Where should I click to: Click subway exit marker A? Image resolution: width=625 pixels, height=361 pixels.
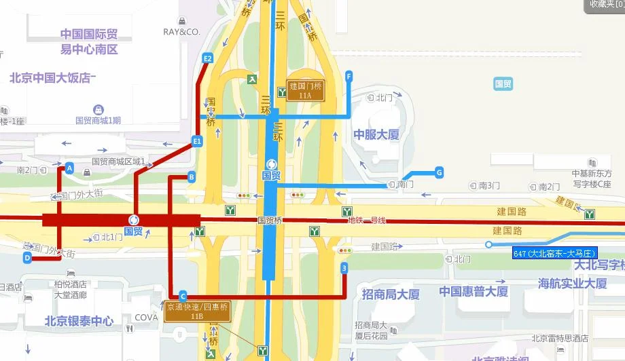point(69,168)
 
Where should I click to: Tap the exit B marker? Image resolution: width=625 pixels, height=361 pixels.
point(192,177)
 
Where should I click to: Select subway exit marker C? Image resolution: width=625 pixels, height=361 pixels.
point(182,295)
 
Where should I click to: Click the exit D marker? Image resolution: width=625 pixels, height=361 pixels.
point(27,257)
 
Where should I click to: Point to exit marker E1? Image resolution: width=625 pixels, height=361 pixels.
point(197,141)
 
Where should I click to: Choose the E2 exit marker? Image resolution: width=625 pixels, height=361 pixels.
point(208,58)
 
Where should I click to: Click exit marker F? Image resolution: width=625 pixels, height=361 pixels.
point(349,76)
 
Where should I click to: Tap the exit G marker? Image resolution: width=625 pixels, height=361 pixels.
point(439,172)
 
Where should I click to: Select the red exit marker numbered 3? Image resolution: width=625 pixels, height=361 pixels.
point(344,269)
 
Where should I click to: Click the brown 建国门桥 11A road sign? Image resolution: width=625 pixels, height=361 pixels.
point(304,90)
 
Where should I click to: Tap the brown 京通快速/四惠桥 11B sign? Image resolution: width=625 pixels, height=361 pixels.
point(197,311)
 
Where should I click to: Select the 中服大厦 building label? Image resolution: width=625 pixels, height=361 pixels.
point(376,134)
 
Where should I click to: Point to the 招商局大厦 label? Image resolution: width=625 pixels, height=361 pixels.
point(391,294)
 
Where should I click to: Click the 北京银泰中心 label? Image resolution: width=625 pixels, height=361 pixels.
point(79,320)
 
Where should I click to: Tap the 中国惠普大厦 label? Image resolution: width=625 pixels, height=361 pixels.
point(474,292)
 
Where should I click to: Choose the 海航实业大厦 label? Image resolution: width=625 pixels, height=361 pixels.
point(573,284)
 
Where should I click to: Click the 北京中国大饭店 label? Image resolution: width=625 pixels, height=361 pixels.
point(51,77)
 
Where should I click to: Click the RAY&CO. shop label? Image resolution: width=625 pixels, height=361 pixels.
point(181,32)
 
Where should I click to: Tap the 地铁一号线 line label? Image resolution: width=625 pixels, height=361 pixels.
point(366,221)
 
